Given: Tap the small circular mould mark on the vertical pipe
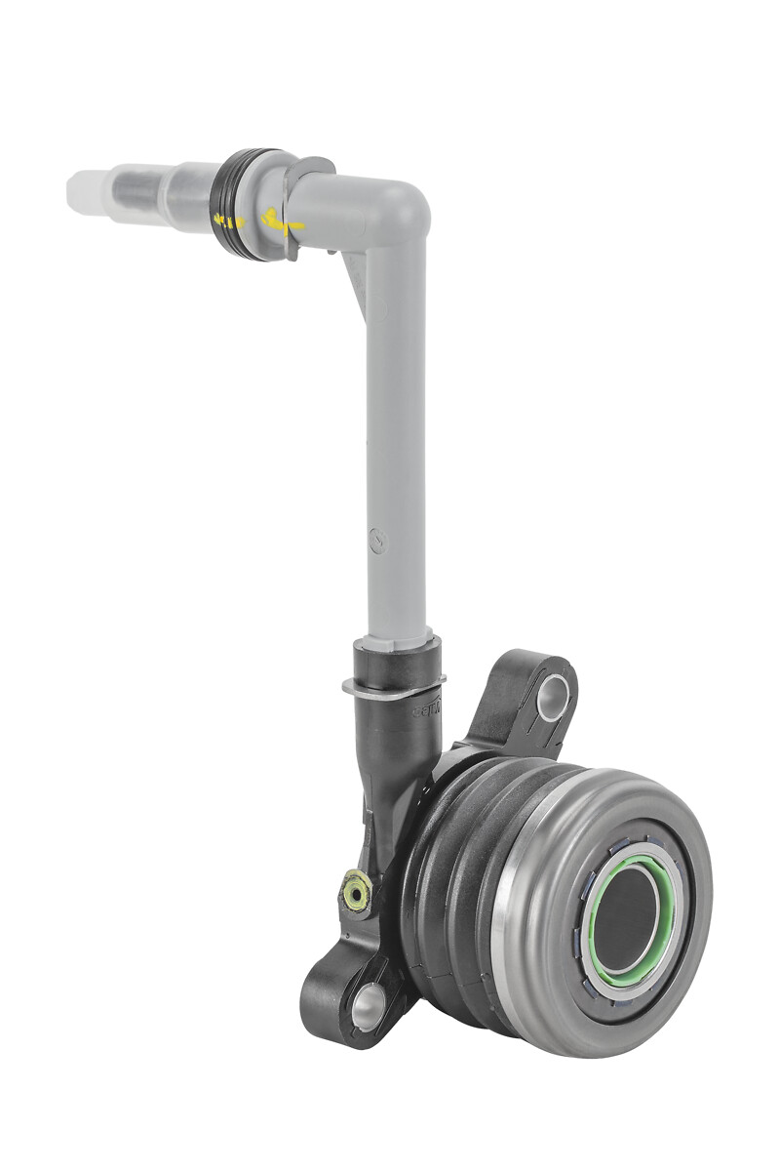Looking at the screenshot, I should [379, 537].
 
